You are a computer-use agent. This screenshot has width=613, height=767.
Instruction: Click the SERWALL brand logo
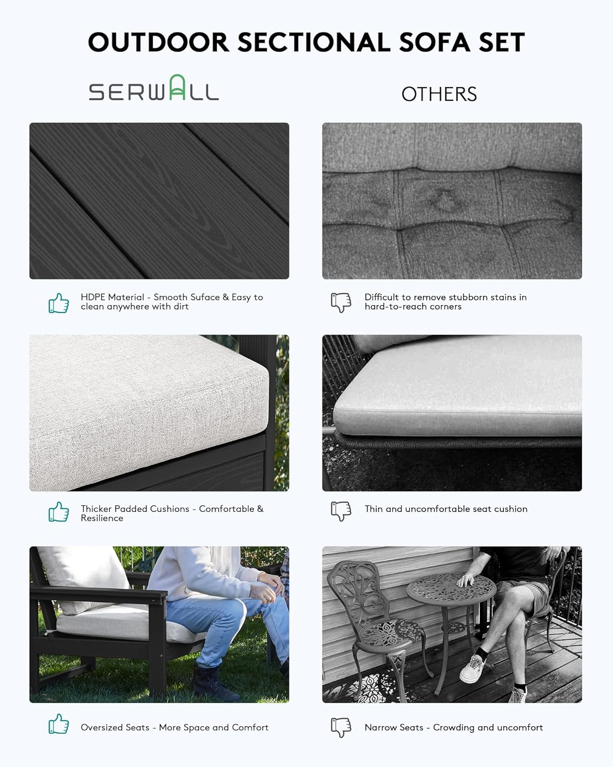click(x=154, y=89)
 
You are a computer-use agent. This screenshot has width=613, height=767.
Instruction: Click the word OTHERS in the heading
click(x=439, y=94)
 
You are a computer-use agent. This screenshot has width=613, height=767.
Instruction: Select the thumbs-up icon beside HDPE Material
click(x=59, y=303)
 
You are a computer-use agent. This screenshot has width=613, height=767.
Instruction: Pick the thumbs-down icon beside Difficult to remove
click(x=341, y=302)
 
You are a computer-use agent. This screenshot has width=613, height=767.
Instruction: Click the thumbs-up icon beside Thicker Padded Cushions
click(x=59, y=512)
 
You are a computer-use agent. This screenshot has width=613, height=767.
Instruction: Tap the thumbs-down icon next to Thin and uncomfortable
click(x=341, y=511)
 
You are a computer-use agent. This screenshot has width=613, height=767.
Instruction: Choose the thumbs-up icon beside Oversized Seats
click(x=59, y=725)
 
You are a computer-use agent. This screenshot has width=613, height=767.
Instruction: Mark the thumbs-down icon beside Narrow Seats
click(x=341, y=728)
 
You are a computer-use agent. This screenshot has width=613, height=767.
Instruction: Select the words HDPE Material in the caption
click(x=112, y=297)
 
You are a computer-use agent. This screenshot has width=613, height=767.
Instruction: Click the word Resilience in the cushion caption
click(x=102, y=518)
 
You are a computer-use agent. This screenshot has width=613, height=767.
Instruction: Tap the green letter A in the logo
click(x=177, y=88)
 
